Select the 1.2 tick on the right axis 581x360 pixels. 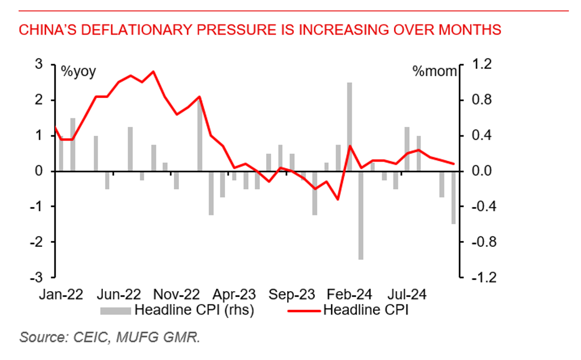pyautogui.click(x=478, y=64)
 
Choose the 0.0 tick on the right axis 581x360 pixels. pyautogui.click(x=478, y=171)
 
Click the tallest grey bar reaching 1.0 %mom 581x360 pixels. pyautogui.click(x=350, y=126)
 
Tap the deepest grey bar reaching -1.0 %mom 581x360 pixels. pyautogui.click(x=360, y=215)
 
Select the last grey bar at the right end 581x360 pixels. pyautogui.click(x=453, y=197)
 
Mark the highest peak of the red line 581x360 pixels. pyautogui.click(x=153, y=72)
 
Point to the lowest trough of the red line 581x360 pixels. pyautogui.click(x=338, y=199)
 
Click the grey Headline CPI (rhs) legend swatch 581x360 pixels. pyautogui.click(x=116, y=311)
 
